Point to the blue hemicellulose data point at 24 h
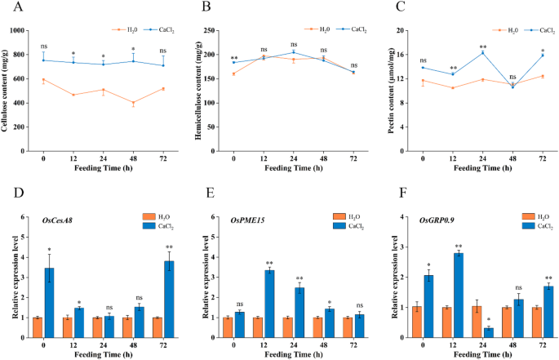pyautogui.click(x=294, y=52)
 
